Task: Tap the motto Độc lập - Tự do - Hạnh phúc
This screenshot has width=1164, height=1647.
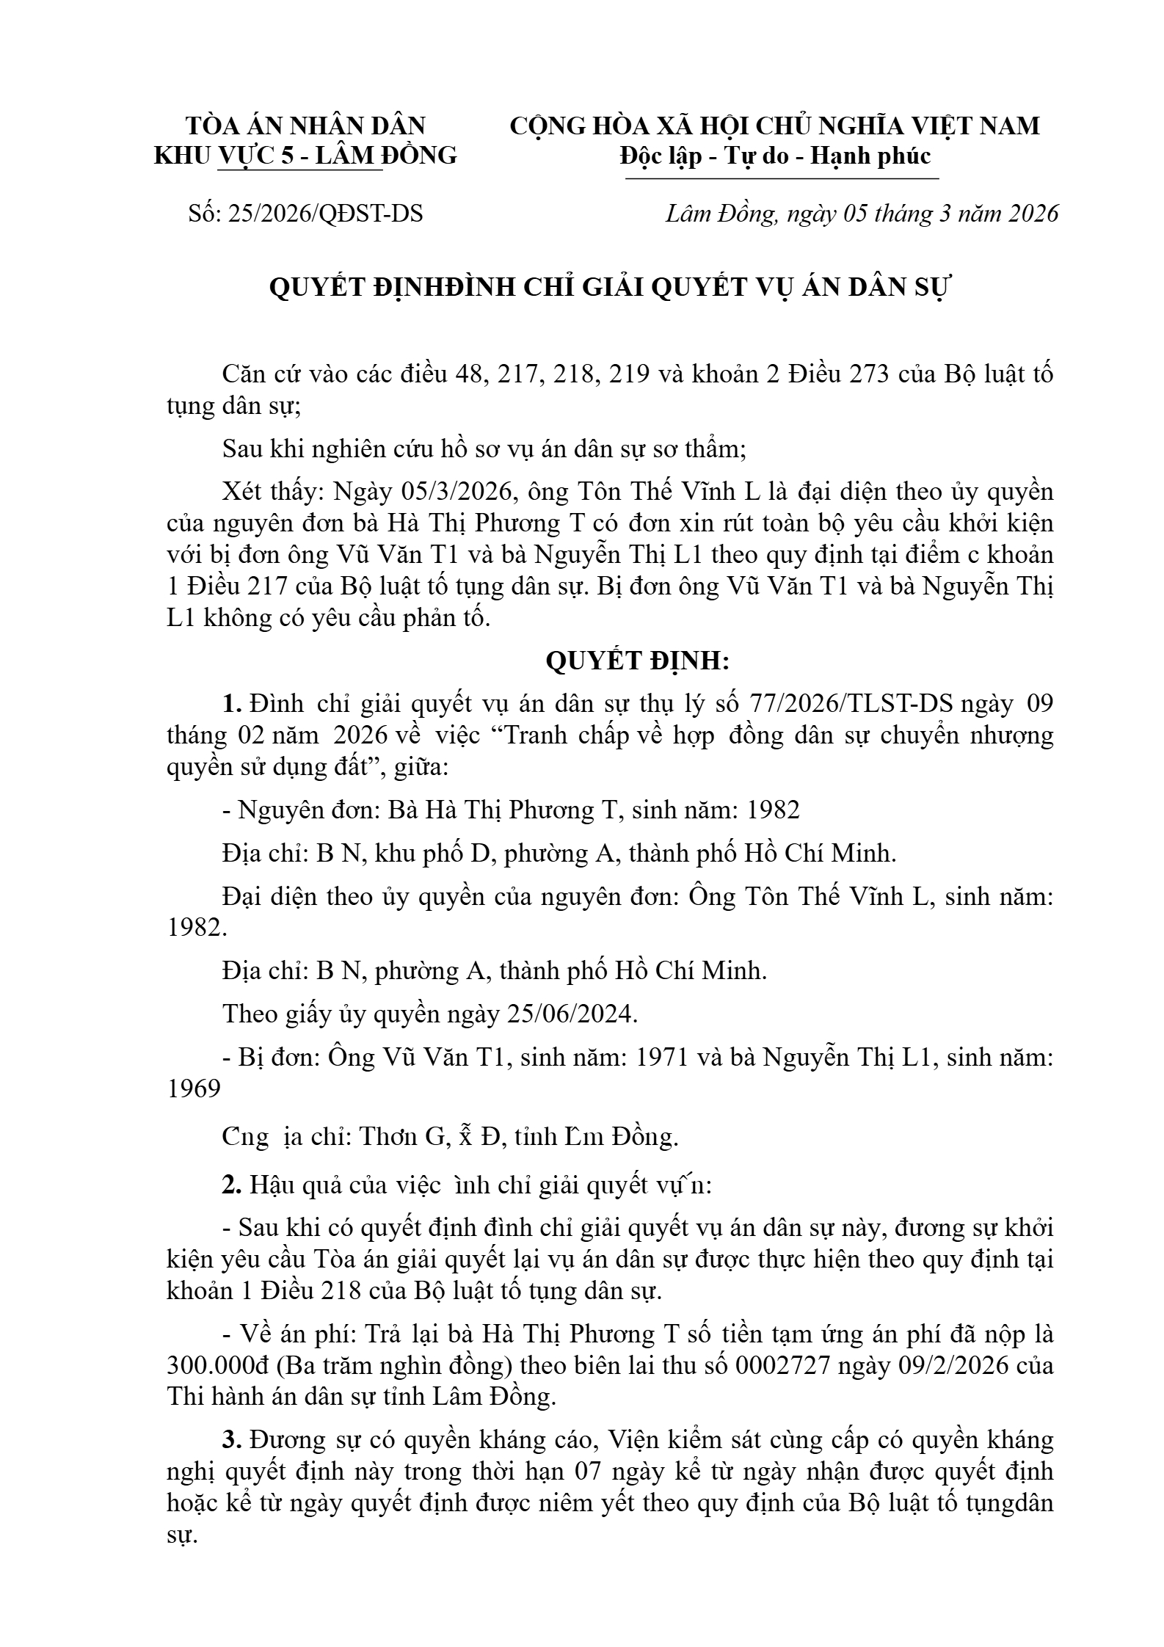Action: point(775,156)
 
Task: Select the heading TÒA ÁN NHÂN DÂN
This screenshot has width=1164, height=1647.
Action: point(305,126)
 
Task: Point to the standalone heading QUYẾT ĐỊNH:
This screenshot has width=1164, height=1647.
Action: point(637,661)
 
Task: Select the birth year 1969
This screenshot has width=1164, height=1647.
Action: point(194,1088)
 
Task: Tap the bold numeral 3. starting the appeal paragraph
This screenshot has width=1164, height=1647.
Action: point(232,1439)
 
